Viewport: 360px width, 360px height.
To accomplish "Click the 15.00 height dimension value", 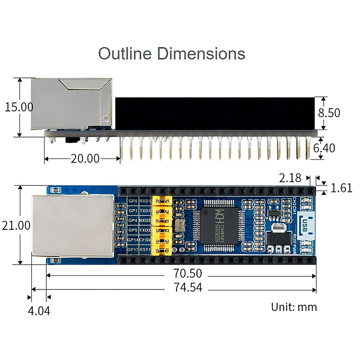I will click(x=19, y=107).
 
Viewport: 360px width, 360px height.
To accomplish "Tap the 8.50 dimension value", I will click(x=329, y=113).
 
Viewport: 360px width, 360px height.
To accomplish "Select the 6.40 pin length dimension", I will click(x=324, y=148).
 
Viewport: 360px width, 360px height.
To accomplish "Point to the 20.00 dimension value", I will click(x=85, y=158).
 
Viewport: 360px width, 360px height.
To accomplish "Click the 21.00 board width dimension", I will click(x=16, y=225).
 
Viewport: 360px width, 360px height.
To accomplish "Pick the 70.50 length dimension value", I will click(x=188, y=273).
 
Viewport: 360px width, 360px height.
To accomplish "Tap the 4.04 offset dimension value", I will click(x=39, y=311).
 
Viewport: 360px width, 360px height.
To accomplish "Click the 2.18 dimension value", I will click(x=290, y=178).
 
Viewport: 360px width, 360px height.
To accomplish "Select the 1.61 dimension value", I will click(x=341, y=188).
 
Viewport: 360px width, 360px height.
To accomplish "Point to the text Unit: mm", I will click(x=294, y=307).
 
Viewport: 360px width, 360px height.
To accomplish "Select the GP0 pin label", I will click(x=133, y=201).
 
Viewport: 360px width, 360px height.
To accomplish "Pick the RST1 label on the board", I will click(x=145, y=250).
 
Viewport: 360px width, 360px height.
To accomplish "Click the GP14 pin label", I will click(x=133, y=240).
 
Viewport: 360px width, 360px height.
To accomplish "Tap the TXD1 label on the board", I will click(x=145, y=211).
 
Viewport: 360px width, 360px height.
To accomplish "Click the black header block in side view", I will click(x=214, y=113).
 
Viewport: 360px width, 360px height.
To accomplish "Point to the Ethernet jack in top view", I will click(x=73, y=225).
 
